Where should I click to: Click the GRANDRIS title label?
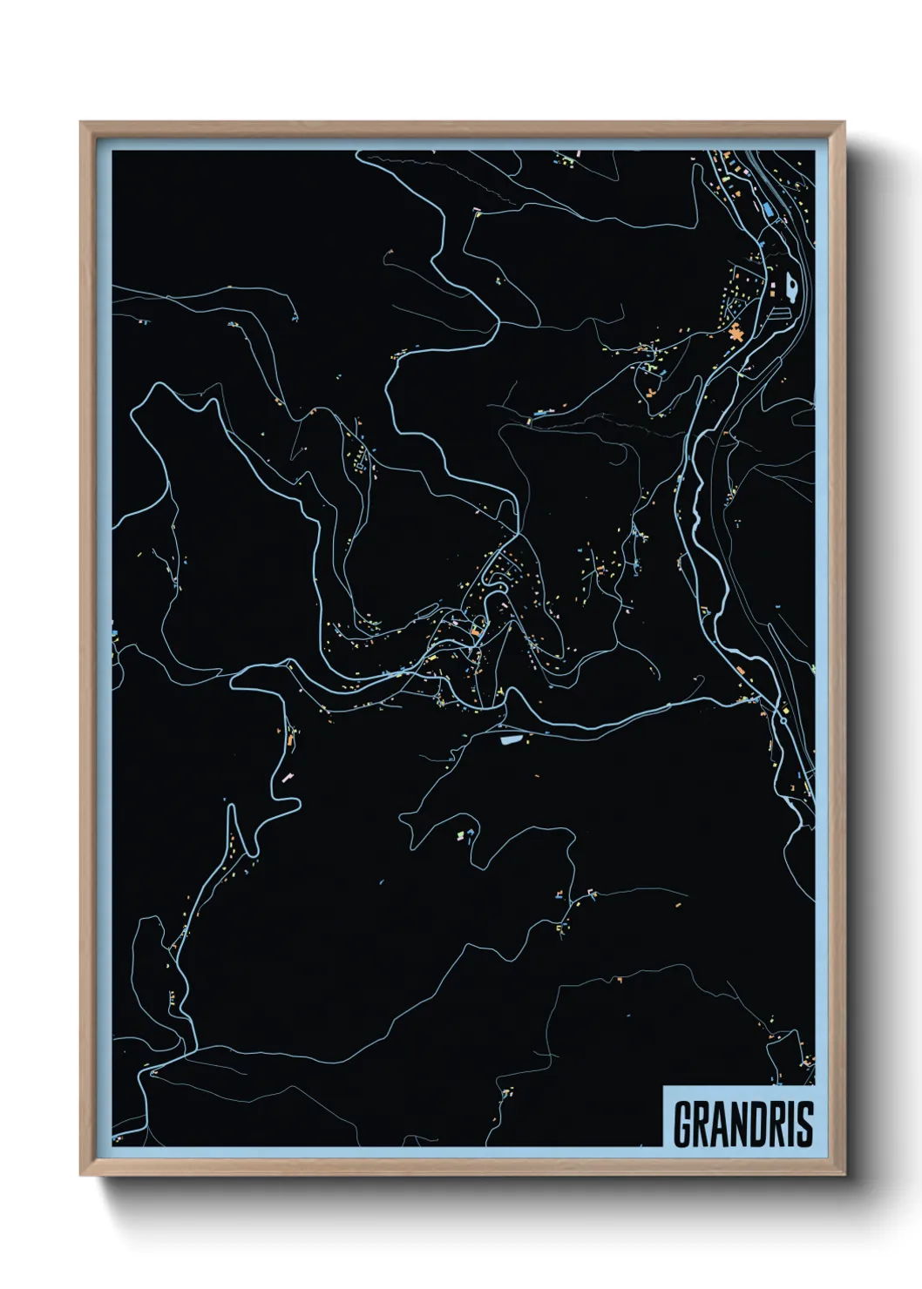pos(743,1124)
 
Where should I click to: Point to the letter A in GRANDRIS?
pos(717,1124)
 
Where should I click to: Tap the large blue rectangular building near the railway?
pos(768,208)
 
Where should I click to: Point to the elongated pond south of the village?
pos(510,739)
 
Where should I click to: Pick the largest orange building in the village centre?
pos(477,630)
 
